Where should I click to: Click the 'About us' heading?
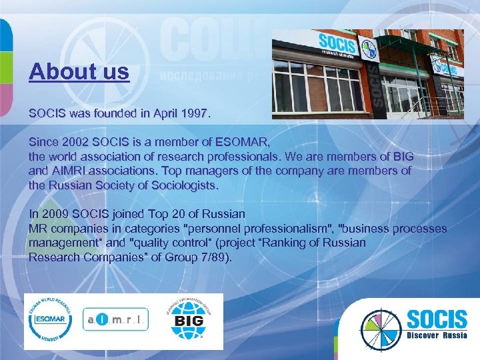click(x=79, y=71)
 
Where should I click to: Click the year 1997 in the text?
click(x=195, y=114)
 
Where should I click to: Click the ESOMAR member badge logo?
click(x=51, y=321)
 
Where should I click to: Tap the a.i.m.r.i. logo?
click(x=115, y=321)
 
